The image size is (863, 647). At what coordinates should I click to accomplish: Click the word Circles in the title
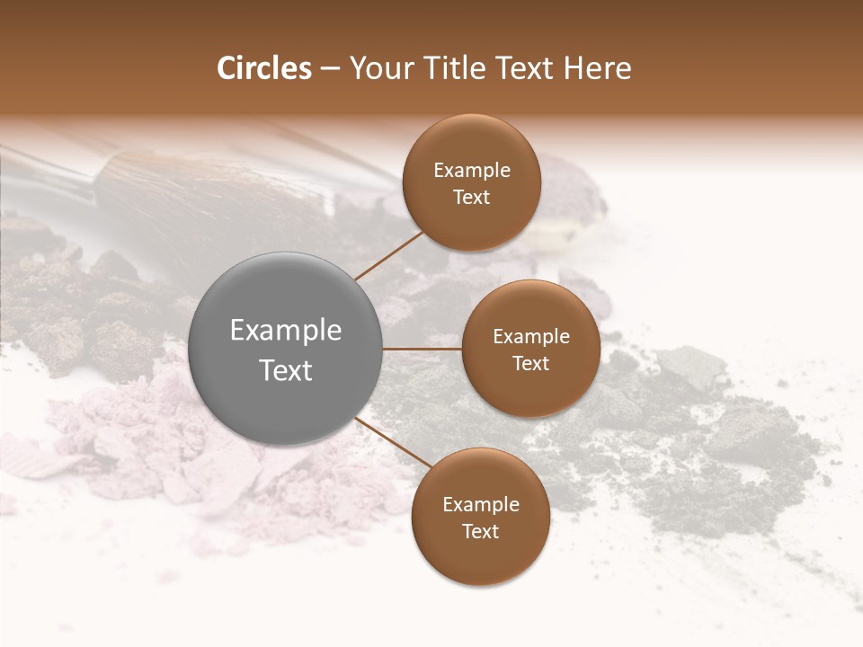pyautogui.click(x=264, y=68)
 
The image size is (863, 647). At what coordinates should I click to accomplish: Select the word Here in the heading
pyautogui.click(x=598, y=68)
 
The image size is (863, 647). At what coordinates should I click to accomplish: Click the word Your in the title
pyautogui.click(x=377, y=68)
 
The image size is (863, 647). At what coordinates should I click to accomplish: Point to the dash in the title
pyautogui.click(x=330, y=69)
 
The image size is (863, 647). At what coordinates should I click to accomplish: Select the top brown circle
pyautogui.click(x=471, y=183)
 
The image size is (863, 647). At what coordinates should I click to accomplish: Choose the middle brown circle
pyautogui.click(x=530, y=349)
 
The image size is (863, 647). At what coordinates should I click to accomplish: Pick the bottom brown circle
pyautogui.click(x=480, y=518)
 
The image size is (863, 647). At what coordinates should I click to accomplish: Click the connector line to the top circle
pyautogui.click(x=388, y=256)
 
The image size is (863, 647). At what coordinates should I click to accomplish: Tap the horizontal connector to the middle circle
pyautogui.click(x=423, y=349)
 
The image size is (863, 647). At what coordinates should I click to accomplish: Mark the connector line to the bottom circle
pyautogui.click(x=388, y=442)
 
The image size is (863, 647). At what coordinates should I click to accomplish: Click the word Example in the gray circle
pyautogui.click(x=286, y=331)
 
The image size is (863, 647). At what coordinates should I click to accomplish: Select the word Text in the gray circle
pyautogui.click(x=286, y=370)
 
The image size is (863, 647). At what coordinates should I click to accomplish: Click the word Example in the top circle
pyautogui.click(x=471, y=171)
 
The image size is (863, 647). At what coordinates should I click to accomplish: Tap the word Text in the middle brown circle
pyautogui.click(x=530, y=363)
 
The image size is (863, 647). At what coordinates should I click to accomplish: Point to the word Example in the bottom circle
pyautogui.click(x=480, y=505)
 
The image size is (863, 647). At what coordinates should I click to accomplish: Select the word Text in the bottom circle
pyautogui.click(x=480, y=531)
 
